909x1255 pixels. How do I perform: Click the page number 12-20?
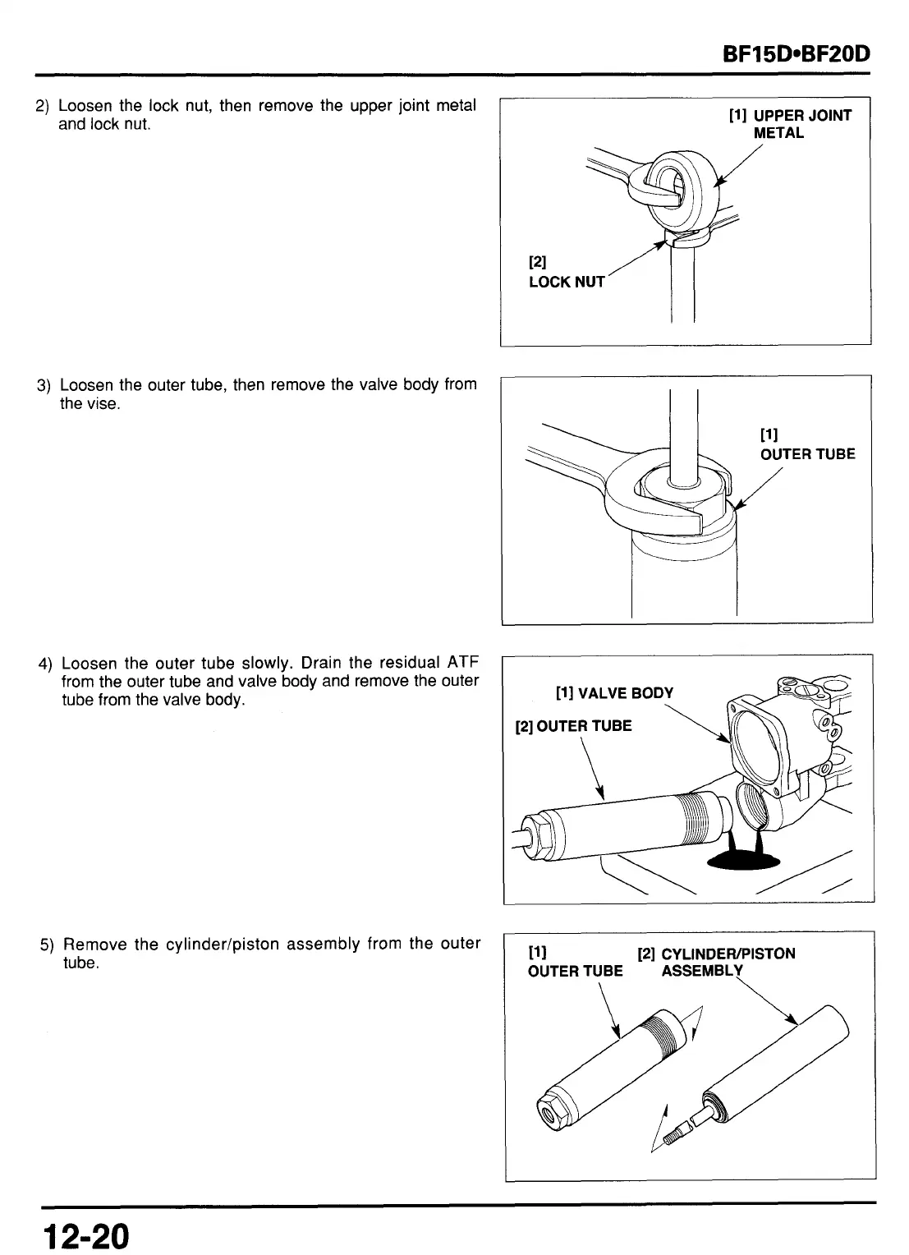point(87,1234)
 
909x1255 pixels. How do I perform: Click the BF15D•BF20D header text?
point(795,56)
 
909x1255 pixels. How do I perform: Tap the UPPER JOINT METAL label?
point(790,124)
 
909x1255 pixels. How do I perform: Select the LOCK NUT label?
point(566,282)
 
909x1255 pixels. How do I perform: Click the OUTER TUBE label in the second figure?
point(807,453)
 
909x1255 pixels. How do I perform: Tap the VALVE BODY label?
point(614,692)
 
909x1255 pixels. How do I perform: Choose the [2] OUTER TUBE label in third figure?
point(573,726)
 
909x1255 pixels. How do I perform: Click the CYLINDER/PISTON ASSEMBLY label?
point(716,962)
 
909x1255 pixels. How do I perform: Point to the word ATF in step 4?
point(462,663)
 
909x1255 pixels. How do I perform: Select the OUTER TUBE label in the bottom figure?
point(575,971)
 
